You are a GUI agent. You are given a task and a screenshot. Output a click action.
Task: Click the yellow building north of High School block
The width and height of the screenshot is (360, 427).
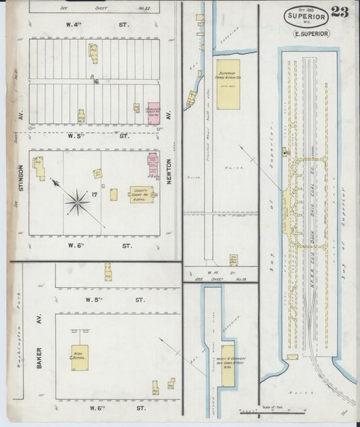click(107, 272)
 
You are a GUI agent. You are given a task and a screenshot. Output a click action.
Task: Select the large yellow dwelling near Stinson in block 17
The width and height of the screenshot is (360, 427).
click(38, 167)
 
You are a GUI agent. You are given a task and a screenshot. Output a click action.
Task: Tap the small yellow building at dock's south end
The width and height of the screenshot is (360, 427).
click(292, 357)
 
